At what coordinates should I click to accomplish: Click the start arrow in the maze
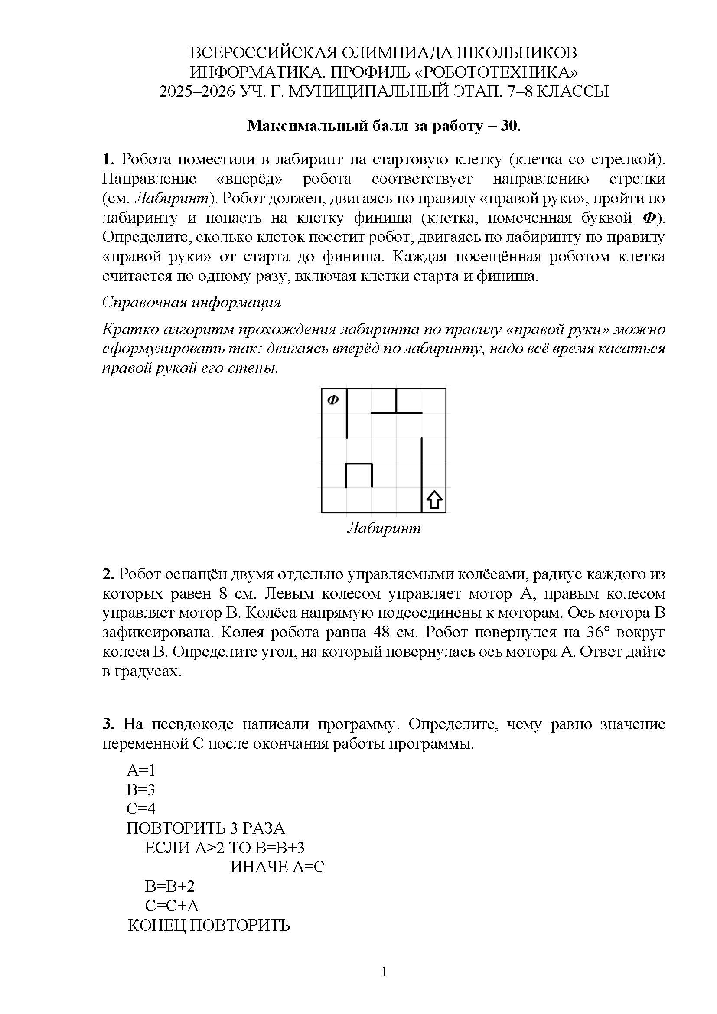coord(434,500)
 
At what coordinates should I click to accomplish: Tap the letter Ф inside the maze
coord(333,400)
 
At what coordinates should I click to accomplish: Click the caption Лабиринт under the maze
coord(384,528)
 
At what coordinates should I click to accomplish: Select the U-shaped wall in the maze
coord(358,474)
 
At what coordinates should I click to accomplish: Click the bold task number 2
coord(108,574)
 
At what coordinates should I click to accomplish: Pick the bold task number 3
coord(108,724)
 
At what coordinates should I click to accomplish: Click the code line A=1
coord(141,770)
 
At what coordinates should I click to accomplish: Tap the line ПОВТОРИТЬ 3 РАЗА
coord(206,828)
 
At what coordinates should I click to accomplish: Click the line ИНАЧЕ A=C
coord(277,867)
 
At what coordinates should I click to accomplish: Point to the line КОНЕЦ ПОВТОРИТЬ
coord(209,925)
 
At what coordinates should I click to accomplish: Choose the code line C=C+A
coord(172,905)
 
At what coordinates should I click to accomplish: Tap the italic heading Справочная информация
coord(192,303)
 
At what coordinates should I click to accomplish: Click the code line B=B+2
coord(170,886)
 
